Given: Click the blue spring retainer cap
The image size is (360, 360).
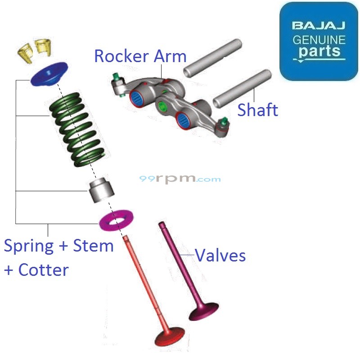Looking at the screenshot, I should point(49,74).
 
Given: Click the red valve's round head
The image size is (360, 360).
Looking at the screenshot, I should point(170,337).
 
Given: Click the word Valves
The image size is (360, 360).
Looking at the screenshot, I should point(220,256).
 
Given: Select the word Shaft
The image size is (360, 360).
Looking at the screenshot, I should point(257,110).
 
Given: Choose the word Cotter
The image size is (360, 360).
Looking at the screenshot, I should point(43,270).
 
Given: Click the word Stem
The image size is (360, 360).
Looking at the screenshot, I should point(94,246).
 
